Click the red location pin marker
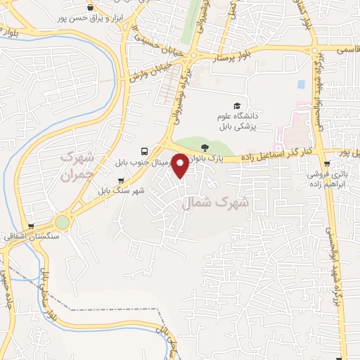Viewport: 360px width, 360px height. point(181,165)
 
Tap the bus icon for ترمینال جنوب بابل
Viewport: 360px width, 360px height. point(144,151)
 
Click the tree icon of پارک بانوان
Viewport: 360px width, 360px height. point(205,147)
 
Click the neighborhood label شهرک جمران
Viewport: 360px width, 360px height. point(77,166)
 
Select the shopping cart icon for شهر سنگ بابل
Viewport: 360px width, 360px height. point(121,180)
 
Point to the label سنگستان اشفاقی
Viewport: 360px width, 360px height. point(22,239)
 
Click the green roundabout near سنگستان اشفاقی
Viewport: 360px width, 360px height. point(63,222)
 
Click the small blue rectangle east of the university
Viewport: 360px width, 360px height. point(301,84)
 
